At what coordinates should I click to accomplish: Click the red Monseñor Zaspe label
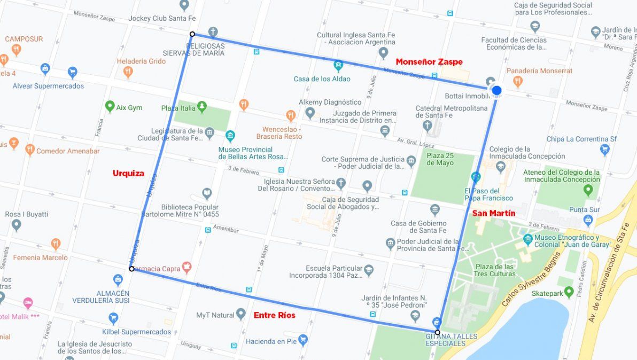(429, 62)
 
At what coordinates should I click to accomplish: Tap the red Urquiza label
(128, 173)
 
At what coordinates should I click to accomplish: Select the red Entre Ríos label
(274, 315)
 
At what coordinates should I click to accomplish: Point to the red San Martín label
(494, 214)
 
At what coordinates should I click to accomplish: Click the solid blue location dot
(496, 90)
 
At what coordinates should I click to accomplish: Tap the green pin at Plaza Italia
(201, 107)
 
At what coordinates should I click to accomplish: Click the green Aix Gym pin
(110, 107)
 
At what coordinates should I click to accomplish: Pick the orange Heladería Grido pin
(128, 72)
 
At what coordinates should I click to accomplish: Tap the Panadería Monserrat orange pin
(517, 81)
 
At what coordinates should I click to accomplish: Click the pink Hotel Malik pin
(28, 303)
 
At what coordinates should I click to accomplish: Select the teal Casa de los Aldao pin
(338, 66)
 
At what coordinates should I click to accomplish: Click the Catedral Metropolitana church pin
(427, 126)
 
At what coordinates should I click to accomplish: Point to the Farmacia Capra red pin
(187, 266)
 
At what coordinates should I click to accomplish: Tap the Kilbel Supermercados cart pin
(113, 318)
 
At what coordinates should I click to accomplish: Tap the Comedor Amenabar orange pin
(29, 150)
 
